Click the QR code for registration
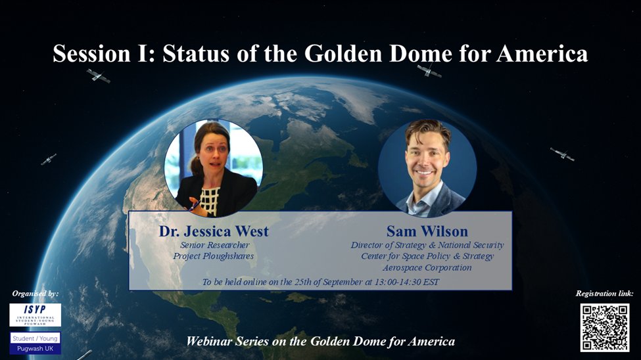[x=604, y=327]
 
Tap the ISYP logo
[x=36, y=315]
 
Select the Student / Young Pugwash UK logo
[x=36, y=343]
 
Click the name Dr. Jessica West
[x=214, y=231]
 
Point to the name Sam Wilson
[x=427, y=231]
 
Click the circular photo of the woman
[x=214, y=168]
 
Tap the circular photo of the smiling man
[x=427, y=168]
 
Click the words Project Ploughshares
[x=214, y=256]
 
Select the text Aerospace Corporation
[x=427, y=267]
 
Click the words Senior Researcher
[x=214, y=244]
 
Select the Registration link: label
[x=604, y=294]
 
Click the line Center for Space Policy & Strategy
[x=427, y=256]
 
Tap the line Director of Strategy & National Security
[x=427, y=244]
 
